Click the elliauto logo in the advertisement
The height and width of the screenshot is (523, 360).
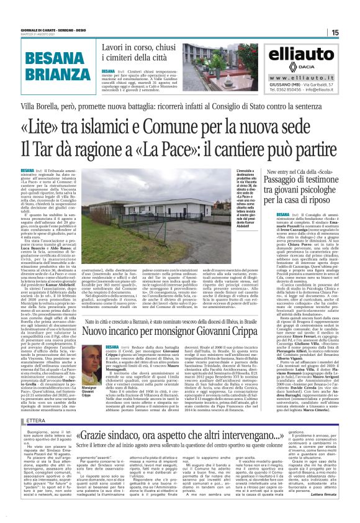click(303, 54)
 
